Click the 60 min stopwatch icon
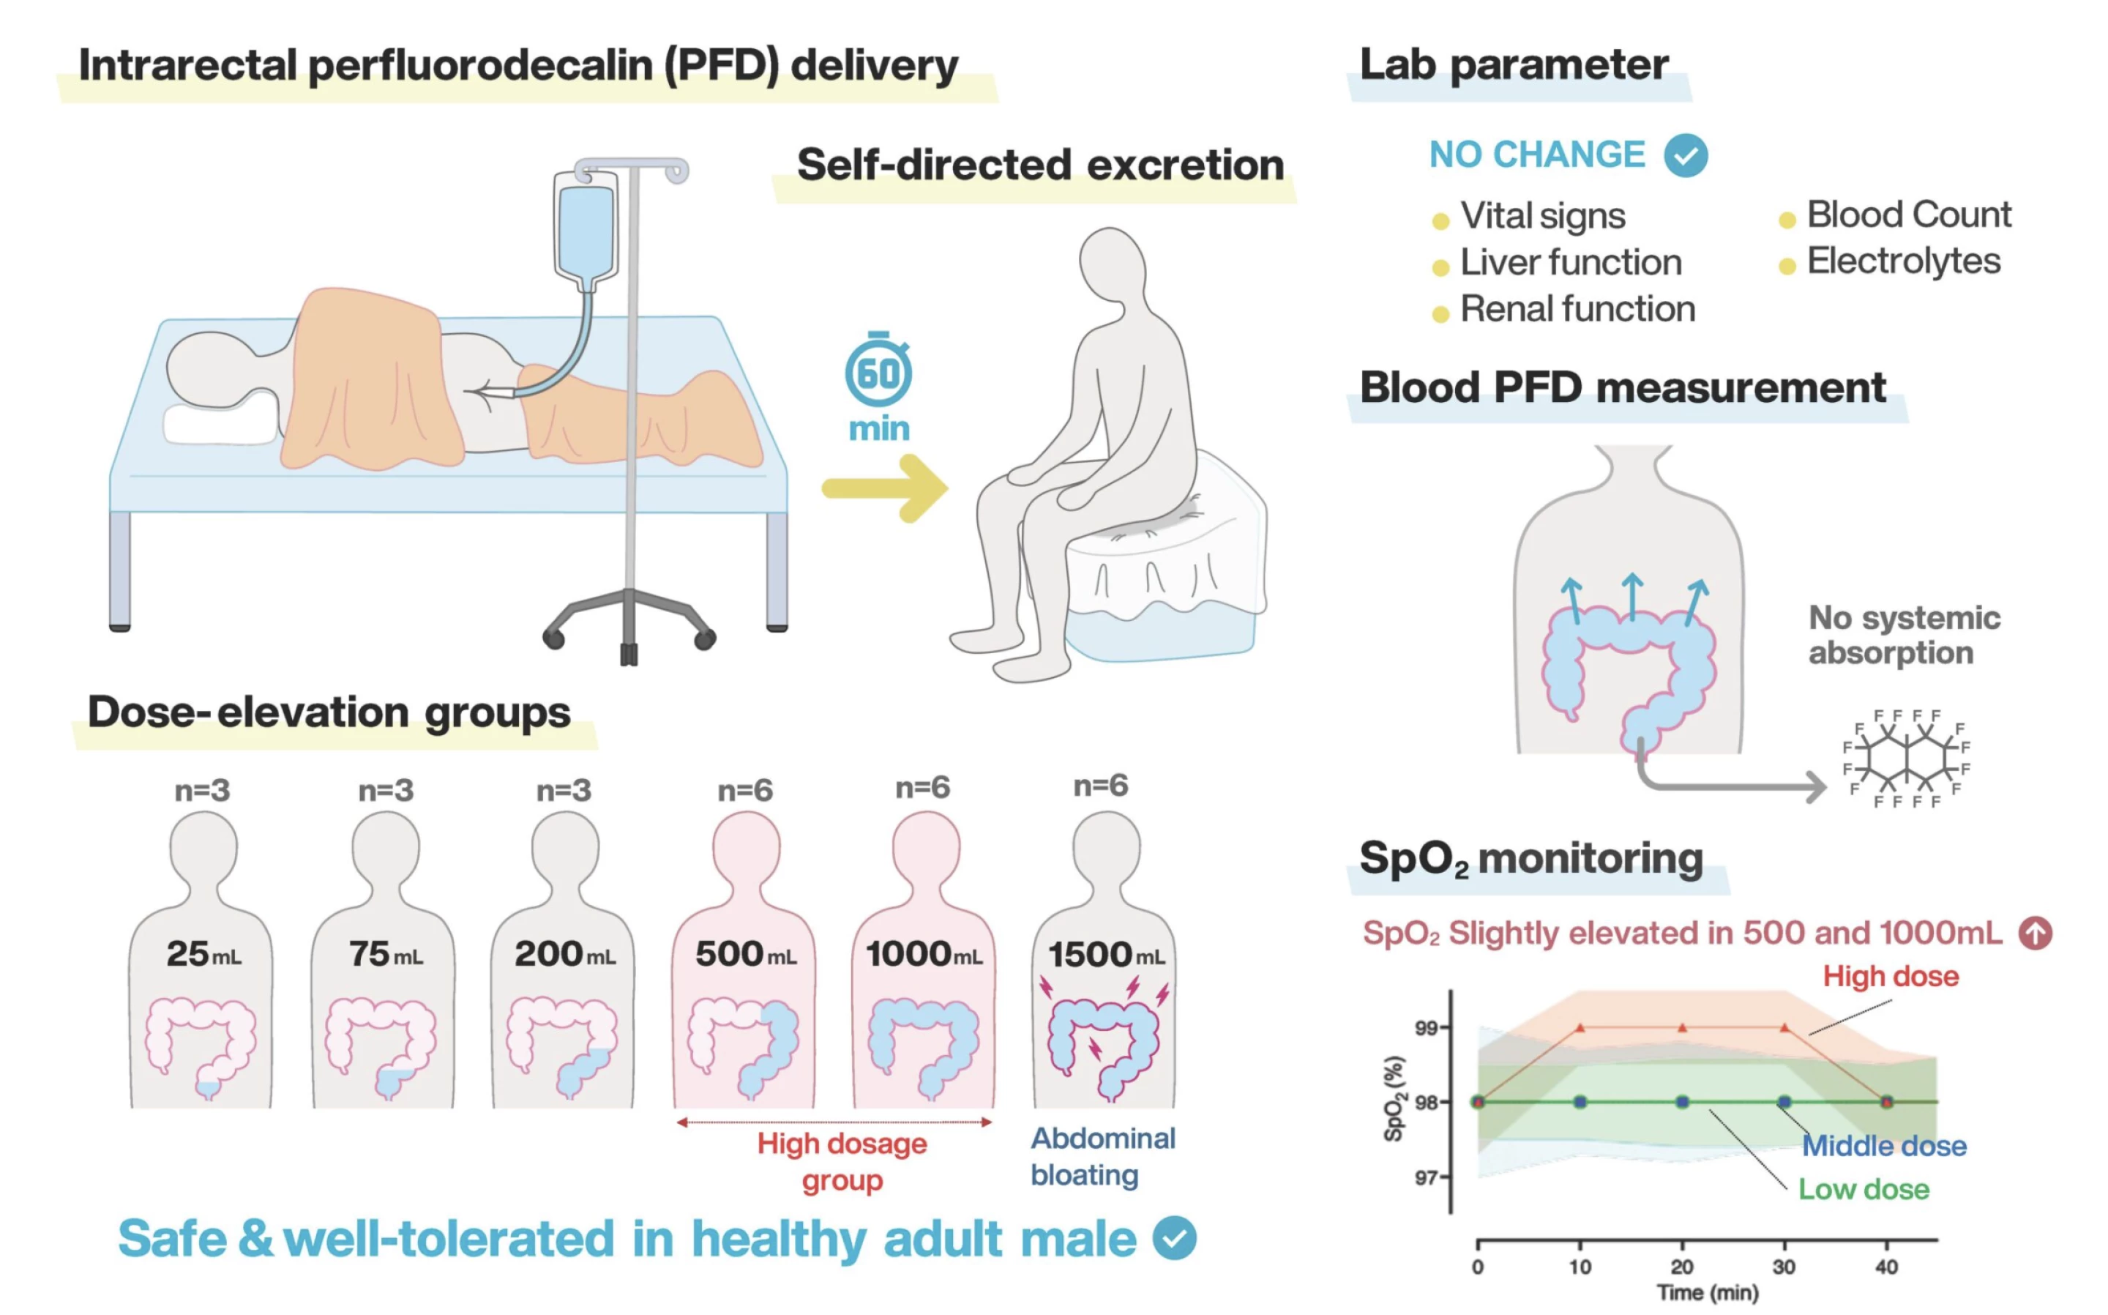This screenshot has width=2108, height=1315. (878, 372)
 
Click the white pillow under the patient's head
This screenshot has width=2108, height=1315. (217, 425)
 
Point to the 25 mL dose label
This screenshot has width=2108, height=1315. (203, 954)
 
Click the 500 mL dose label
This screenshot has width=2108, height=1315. (745, 954)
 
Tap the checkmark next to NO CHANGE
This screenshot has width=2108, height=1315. (1686, 156)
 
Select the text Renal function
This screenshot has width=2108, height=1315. (1577, 309)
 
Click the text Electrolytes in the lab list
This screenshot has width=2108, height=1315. (1903, 261)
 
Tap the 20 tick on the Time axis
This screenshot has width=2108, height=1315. (1682, 1265)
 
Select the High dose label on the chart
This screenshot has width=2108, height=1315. (1891, 976)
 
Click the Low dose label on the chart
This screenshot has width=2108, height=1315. (1863, 1189)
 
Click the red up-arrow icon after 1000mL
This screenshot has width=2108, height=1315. (2035, 934)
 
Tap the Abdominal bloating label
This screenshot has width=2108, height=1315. (1102, 1156)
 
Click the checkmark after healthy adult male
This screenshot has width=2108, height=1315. (1174, 1238)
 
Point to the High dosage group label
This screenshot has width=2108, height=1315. (842, 1161)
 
